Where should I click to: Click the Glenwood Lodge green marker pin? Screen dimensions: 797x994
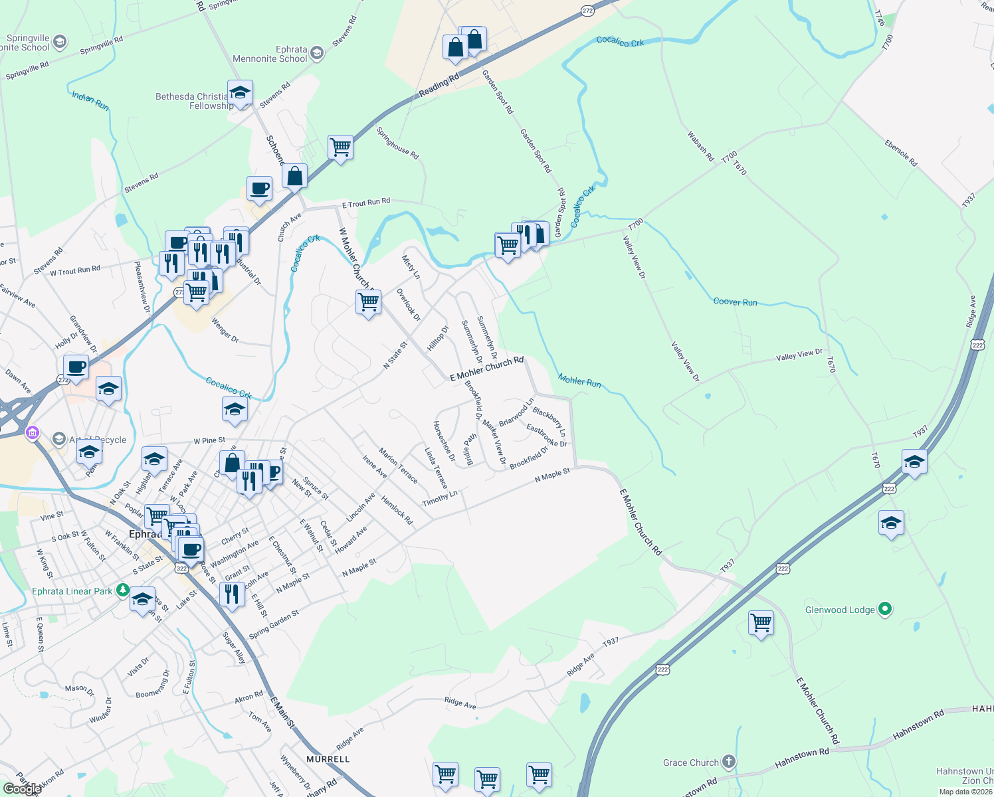click(x=884, y=609)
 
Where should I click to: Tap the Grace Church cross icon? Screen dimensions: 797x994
click(x=729, y=762)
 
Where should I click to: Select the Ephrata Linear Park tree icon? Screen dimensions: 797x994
click(x=122, y=590)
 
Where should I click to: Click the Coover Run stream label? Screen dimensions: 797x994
click(x=735, y=302)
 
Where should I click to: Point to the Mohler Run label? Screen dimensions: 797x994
click(x=579, y=381)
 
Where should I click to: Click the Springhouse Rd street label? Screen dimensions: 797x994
click(x=397, y=143)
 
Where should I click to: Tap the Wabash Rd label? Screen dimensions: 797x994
click(x=700, y=147)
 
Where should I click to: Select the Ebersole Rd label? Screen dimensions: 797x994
click(x=900, y=153)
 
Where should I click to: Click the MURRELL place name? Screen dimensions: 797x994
click(x=328, y=758)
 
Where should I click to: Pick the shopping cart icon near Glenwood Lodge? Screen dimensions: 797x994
click(x=761, y=623)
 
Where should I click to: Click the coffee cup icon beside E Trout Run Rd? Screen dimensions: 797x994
click(x=259, y=189)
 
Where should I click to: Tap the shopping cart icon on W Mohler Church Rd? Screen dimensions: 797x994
click(x=368, y=302)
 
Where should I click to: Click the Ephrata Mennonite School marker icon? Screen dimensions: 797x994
click(x=317, y=53)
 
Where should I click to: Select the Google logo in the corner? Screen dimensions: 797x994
click(x=22, y=789)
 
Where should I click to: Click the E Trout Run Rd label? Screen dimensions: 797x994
click(x=366, y=203)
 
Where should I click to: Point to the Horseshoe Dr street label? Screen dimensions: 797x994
click(x=444, y=441)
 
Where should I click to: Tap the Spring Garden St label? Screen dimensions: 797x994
click(x=274, y=625)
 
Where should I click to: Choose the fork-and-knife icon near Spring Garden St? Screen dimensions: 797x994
click(x=231, y=593)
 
